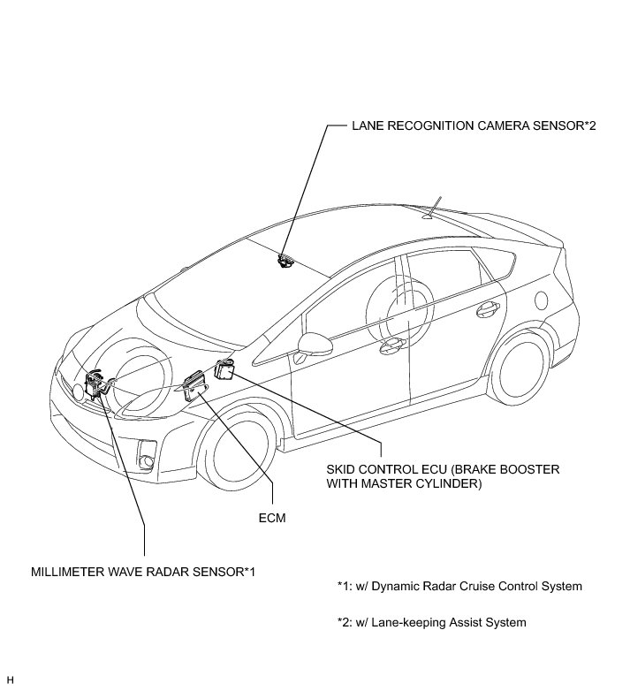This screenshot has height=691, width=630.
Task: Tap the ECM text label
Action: (x=274, y=519)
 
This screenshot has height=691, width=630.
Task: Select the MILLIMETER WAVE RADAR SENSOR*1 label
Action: (x=142, y=571)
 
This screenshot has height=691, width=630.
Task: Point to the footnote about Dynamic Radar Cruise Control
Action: (x=459, y=586)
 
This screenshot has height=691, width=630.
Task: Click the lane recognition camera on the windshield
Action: (x=285, y=260)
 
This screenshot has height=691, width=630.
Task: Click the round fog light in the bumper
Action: (x=146, y=458)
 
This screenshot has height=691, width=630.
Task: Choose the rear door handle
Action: (x=486, y=309)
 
